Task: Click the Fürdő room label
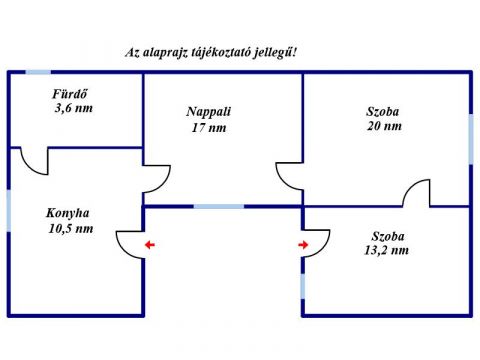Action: click(x=69, y=94)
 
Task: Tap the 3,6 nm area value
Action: click(x=74, y=108)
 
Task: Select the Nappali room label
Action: click(x=209, y=112)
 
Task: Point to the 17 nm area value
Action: click(x=209, y=128)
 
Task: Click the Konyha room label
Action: click(x=68, y=213)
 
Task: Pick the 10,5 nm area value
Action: click(x=71, y=229)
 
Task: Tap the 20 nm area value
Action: click(x=384, y=126)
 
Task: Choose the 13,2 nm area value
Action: click(x=387, y=250)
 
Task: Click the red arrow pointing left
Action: click(x=150, y=245)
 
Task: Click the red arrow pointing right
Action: click(x=303, y=245)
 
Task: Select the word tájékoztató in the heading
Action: click(x=221, y=53)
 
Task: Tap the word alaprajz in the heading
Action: click(x=164, y=53)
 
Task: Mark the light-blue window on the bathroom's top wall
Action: click(x=38, y=72)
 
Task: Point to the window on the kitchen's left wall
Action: click(x=9, y=211)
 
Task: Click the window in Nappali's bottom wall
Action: click(x=219, y=207)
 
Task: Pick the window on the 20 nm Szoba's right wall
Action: click(x=471, y=139)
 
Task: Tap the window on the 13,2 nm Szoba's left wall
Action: click(x=303, y=286)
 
